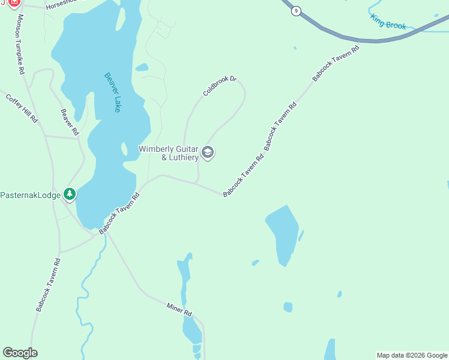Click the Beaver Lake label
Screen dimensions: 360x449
coord(112,92)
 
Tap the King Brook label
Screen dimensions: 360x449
coord(388,22)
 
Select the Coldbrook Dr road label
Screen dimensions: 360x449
coord(220,86)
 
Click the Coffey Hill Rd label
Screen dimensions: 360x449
coord(22,108)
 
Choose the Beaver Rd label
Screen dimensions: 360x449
coord(70,122)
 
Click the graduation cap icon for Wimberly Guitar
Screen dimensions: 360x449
coord(208,152)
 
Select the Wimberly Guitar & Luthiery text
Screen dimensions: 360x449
coord(169,153)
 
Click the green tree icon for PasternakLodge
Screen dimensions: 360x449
coord(70,194)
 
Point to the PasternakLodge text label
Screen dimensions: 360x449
coord(30,195)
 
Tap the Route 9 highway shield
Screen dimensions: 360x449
coord(295,11)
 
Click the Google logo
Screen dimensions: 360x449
coord(20,353)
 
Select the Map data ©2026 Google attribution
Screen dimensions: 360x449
coord(412,355)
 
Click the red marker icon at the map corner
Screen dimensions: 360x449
coord(14,3)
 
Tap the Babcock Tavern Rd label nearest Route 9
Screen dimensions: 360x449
coord(335,62)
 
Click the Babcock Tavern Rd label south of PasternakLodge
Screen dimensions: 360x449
coord(48,284)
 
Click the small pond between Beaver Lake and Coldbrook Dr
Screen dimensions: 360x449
coord(142,67)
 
